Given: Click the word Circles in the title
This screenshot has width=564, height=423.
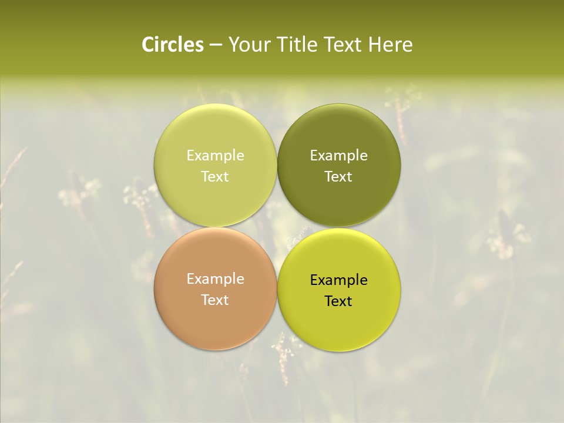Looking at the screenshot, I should click(173, 45).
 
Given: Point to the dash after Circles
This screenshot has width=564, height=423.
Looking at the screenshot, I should click(216, 45).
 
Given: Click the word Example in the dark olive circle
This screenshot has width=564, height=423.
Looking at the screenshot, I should click(339, 156).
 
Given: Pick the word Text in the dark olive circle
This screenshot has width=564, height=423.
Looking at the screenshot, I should click(339, 176).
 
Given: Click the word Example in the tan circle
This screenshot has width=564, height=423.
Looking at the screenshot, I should click(215, 279).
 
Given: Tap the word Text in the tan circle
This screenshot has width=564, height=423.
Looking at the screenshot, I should click(215, 300).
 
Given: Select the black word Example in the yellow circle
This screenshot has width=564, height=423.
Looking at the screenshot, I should click(339, 280).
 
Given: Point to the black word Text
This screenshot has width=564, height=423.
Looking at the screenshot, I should click(339, 301).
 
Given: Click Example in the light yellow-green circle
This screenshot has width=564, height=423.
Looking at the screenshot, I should click(215, 156).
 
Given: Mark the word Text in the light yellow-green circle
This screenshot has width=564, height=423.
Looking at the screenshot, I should click(215, 176).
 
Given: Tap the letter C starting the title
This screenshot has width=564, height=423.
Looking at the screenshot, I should click(148, 45).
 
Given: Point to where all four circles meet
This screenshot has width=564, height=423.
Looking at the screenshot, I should click(277, 227).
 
